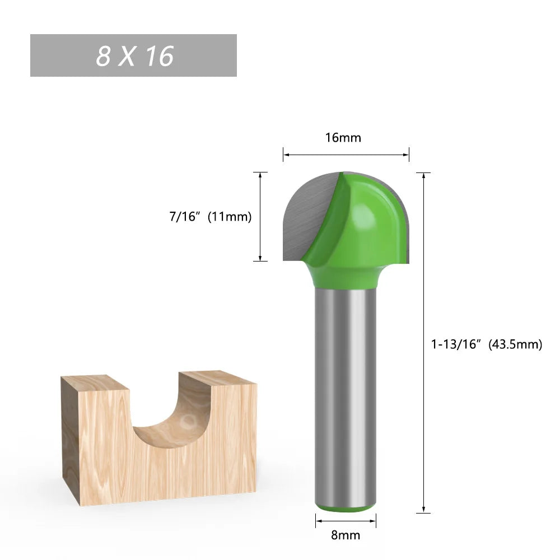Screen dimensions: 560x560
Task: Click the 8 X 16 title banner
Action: [133, 55]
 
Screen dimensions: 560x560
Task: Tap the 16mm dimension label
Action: [343, 137]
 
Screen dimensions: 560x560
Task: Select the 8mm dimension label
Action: [346, 535]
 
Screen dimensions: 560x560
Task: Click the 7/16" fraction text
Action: [185, 217]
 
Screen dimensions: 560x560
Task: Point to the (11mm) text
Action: [230, 217]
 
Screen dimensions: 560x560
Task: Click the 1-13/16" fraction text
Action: [456, 344]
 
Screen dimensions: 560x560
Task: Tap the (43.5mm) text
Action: [516, 344]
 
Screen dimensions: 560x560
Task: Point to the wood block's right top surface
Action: [218, 379]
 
